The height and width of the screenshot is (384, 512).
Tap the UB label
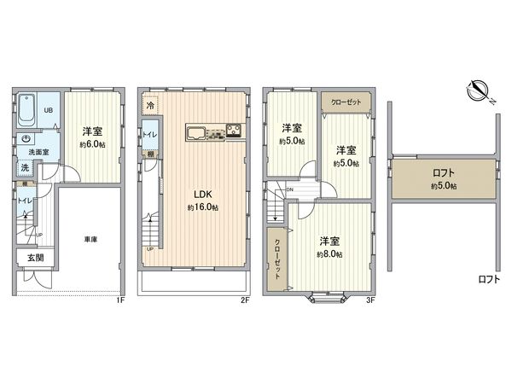[48, 109]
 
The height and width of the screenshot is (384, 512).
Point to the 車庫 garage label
[90, 240]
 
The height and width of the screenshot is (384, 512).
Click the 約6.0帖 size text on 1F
[93, 145]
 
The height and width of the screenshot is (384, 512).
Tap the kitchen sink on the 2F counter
[195, 132]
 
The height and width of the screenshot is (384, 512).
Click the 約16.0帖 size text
[203, 207]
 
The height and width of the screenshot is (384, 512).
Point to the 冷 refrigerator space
[151, 106]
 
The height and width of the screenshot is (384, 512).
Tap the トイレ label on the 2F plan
[148, 135]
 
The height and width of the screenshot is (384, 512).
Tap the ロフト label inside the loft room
[443, 172]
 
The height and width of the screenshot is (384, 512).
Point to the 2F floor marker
[244, 300]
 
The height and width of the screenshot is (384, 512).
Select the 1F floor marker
[120, 300]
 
